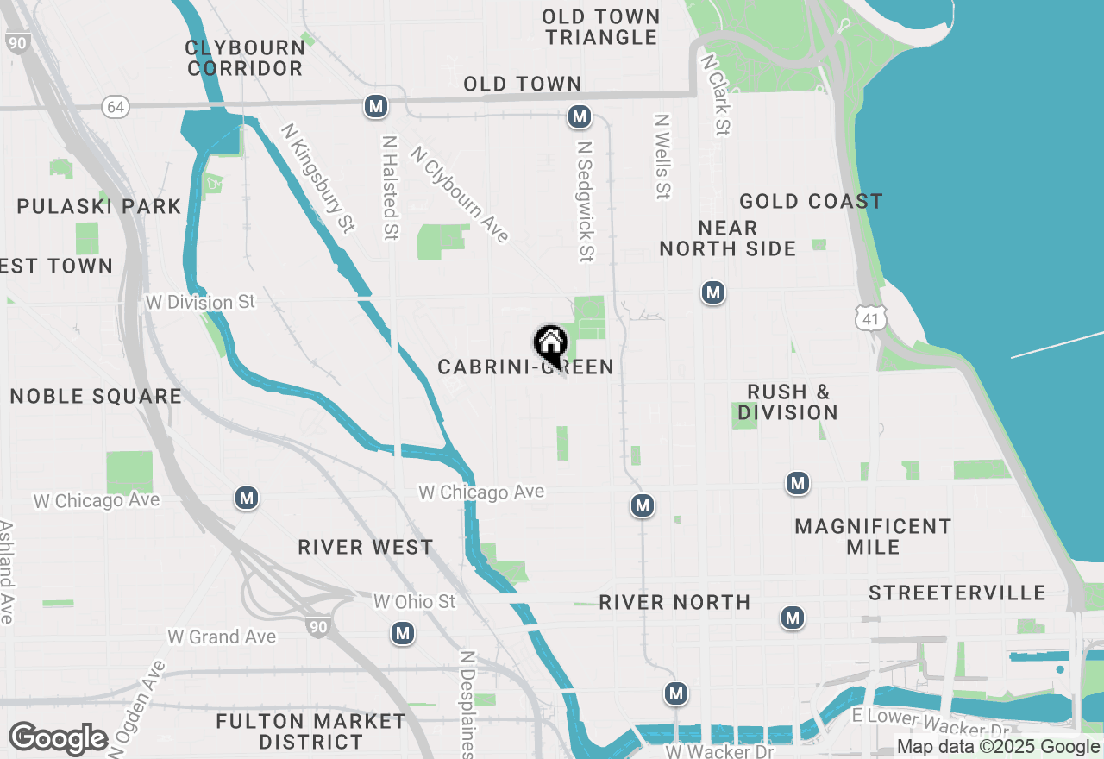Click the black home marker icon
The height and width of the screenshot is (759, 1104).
point(550,343)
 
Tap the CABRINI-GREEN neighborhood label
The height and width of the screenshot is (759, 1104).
point(525,367)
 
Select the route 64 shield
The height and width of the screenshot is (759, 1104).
point(116,106)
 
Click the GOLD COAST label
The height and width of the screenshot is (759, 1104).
point(811,202)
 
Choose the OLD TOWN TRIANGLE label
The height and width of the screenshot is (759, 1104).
point(602,27)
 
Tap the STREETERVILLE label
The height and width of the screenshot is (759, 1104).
point(957,593)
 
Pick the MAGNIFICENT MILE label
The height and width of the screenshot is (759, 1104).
point(873,536)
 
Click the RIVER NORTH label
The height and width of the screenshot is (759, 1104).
point(674,602)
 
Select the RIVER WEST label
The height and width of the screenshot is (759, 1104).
point(366,548)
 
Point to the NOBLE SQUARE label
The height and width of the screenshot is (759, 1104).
point(96,397)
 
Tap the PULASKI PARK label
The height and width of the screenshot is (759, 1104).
point(99,207)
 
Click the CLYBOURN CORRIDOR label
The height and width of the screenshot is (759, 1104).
point(246,58)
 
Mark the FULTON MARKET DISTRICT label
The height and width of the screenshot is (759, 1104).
point(310,731)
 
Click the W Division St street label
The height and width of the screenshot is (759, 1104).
point(201,302)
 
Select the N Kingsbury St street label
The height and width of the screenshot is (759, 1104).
point(317,178)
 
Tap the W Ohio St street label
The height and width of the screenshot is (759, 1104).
point(414,601)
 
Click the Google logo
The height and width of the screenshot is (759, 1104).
point(59,738)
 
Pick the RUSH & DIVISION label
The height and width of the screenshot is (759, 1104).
point(787,402)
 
